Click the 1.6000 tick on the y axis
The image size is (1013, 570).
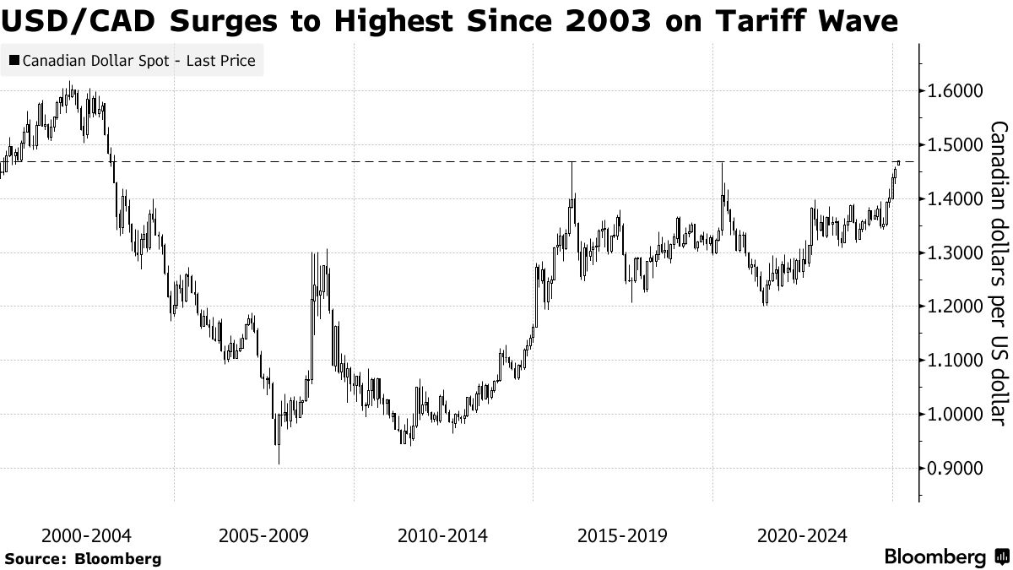coord(951,91)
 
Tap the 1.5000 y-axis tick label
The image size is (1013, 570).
coord(951,145)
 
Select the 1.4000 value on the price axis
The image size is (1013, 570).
coord(951,199)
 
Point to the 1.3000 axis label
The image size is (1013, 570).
coord(951,253)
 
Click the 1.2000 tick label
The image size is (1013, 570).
coord(951,307)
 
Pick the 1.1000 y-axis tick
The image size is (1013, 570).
coord(951,361)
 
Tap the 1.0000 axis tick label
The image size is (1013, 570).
coord(951,415)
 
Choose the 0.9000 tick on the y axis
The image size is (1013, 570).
coord(951,469)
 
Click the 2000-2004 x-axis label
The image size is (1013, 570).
coord(84,535)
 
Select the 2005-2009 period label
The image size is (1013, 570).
coord(264,535)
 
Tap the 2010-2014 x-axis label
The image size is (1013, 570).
coord(443,535)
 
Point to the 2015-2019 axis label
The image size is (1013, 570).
coord(623,535)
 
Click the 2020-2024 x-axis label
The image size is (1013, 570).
coord(803,535)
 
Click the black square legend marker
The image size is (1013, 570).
coord(14,61)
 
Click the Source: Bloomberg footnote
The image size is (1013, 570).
coord(83,558)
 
